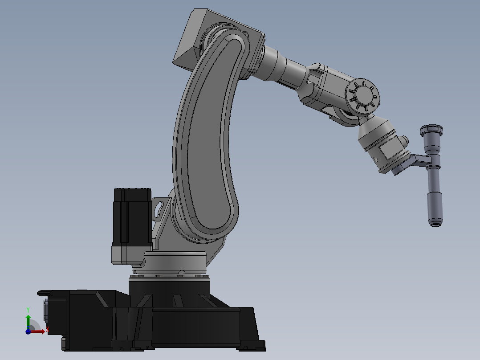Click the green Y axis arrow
point(28,320)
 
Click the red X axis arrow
point(39,331)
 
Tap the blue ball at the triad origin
point(28,331)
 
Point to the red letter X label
point(47,330)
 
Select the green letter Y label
point(28,309)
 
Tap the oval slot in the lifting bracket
point(158,209)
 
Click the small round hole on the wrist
point(377,158)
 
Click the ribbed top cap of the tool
point(432,130)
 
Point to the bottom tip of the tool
point(436,222)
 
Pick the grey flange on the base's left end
point(46,310)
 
